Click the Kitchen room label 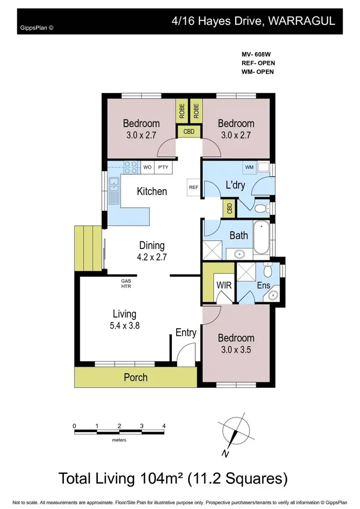152,191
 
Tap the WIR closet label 224,285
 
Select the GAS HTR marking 126,284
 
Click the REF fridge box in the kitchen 193,187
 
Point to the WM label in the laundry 249,167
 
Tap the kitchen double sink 114,190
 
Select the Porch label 136,377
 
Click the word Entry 186,332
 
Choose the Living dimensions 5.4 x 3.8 124,325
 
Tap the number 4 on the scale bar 164,426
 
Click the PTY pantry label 164,167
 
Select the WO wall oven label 148,167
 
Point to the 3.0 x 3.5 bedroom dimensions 236,349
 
